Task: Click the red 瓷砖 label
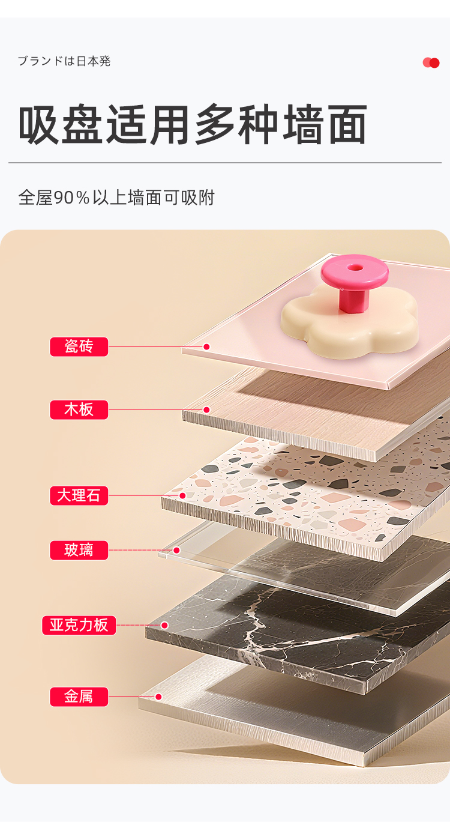point(79,346)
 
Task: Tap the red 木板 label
point(79,409)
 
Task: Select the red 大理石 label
point(79,495)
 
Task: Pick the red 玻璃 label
point(79,550)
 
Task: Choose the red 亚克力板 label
point(79,625)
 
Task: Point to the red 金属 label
point(79,697)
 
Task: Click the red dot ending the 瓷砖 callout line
point(206,346)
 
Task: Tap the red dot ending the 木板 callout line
point(206,409)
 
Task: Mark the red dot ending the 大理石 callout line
point(182,495)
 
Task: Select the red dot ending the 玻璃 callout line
point(176,550)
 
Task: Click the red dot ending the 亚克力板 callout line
point(164,625)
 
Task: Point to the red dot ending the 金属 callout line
point(158,697)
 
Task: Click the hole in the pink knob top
point(353,268)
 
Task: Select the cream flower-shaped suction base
point(349,323)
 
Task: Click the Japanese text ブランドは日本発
point(64,61)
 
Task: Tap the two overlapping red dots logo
point(431,63)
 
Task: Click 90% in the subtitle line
point(72,198)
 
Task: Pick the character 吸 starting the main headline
point(38,125)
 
